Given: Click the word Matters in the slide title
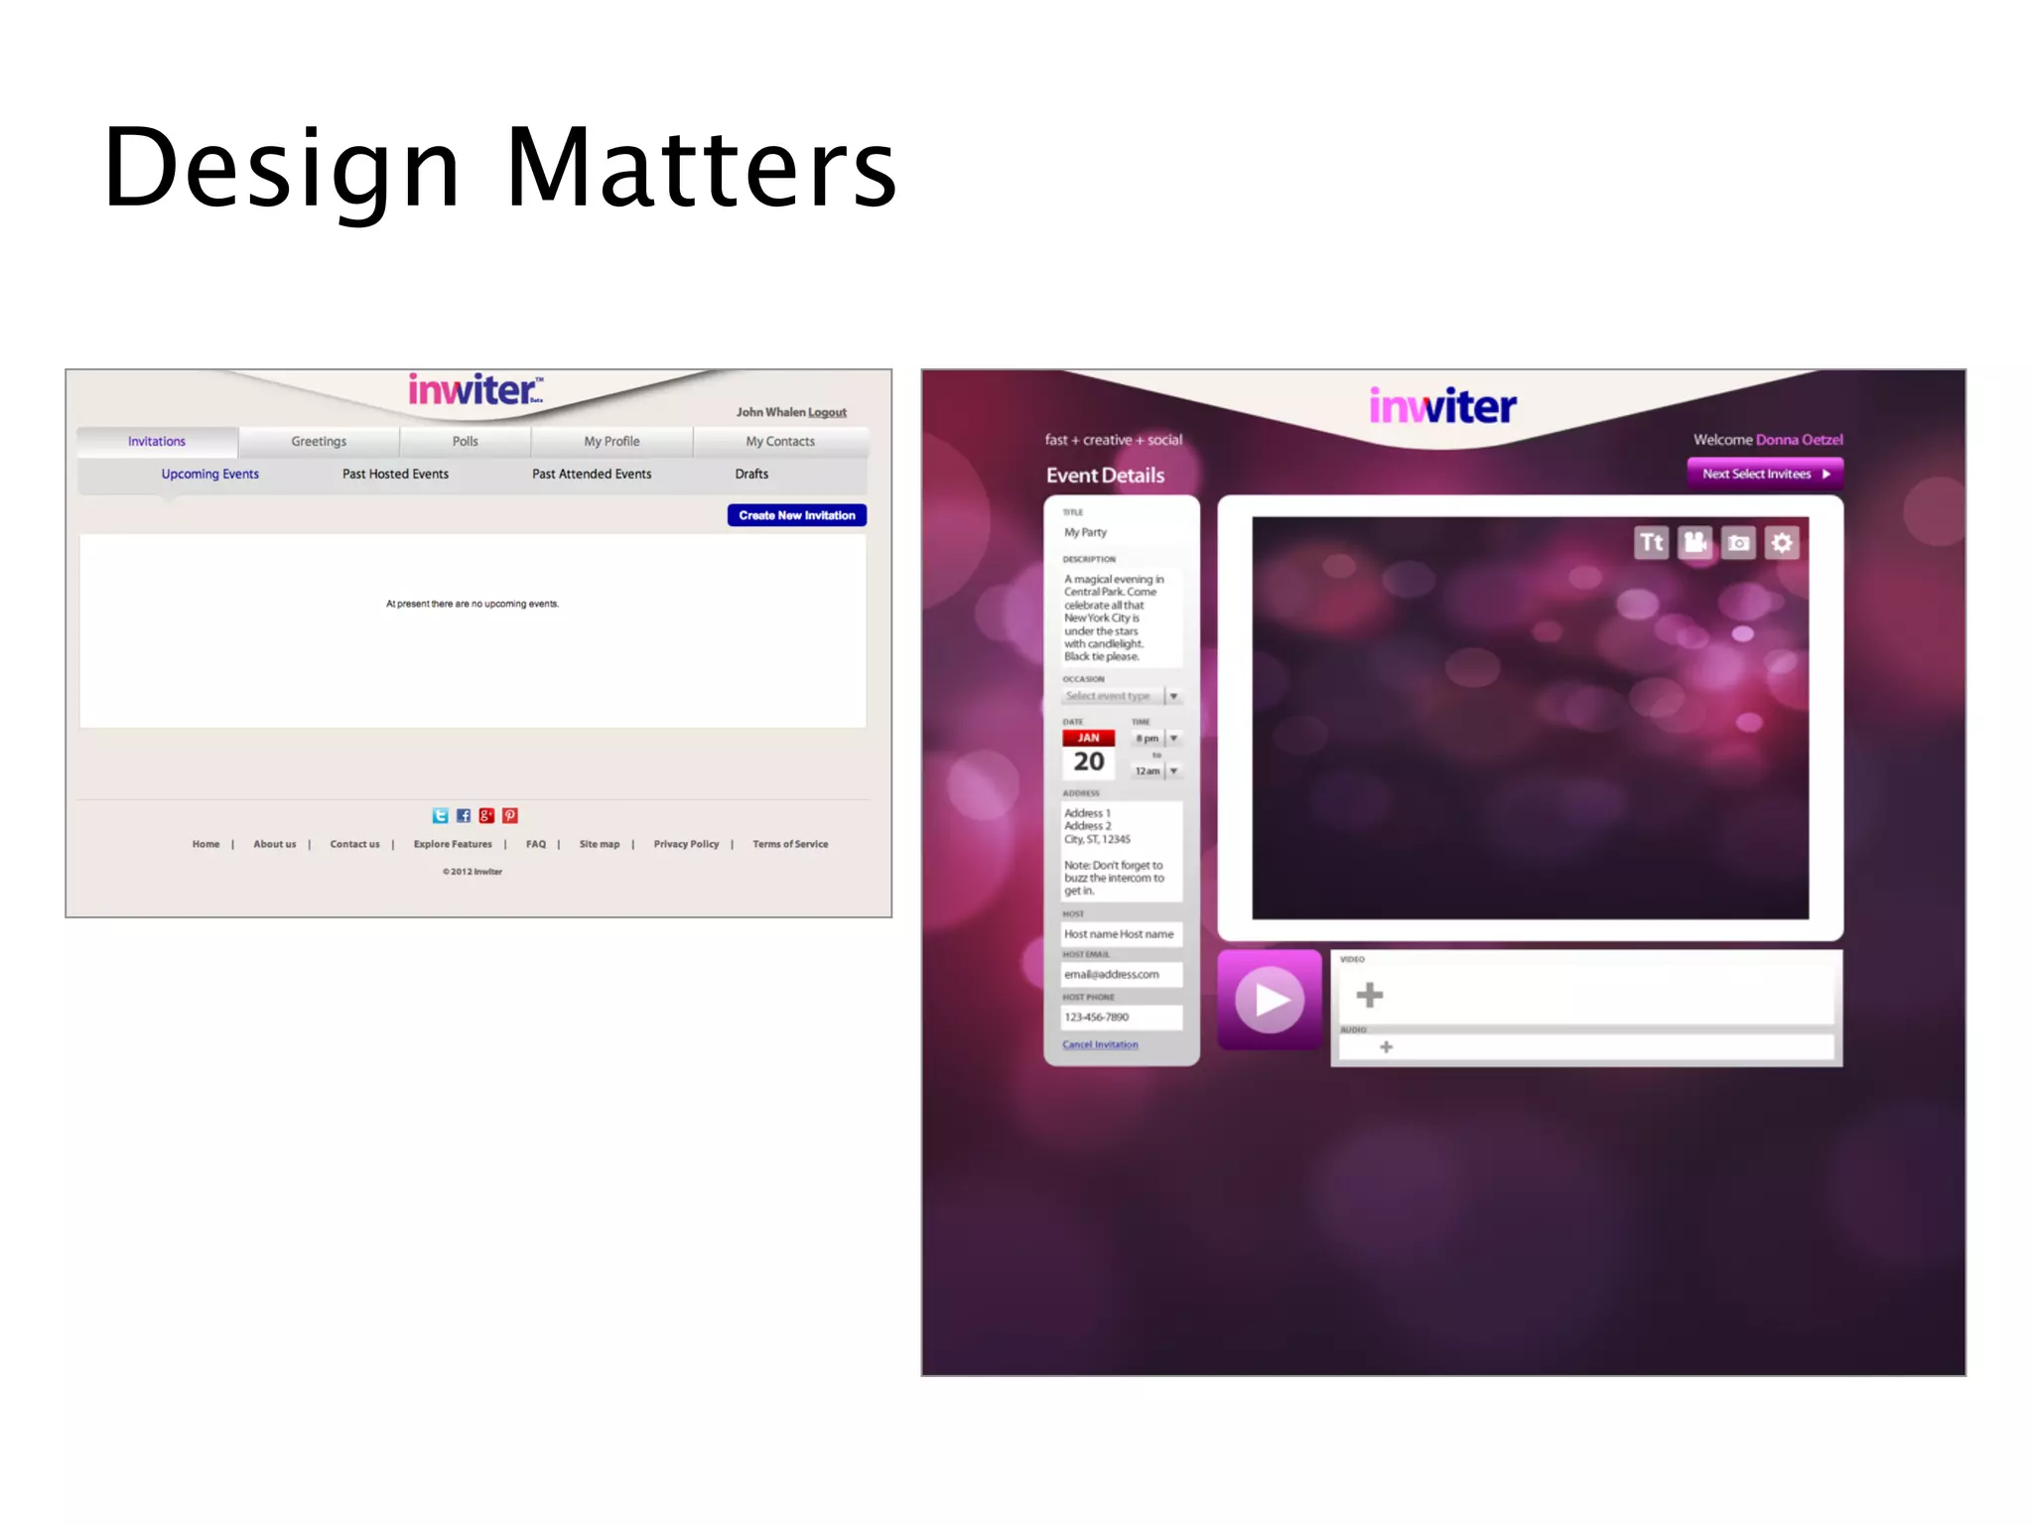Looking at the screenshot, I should (701, 169).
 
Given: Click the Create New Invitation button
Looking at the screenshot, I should (796, 515).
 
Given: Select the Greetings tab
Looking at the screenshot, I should (319, 442).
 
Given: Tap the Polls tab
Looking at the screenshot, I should (465, 442).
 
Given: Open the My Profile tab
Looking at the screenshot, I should (611, 442).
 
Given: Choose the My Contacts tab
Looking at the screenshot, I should (780, 442).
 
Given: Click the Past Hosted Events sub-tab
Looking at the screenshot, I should (395, 475).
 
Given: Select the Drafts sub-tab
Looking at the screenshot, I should (751, 475).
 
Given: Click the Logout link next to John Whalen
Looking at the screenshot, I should (827, 412).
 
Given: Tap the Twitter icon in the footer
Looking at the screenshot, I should (440, 816).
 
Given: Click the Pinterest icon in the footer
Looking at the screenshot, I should (510, 816).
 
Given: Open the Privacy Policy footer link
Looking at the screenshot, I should (686, 844).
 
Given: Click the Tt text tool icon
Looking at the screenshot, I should (1651, 543).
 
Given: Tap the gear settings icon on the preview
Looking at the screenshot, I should (1782, 543).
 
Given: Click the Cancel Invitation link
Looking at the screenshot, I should (1100, 1044).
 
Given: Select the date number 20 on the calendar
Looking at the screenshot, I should (1089, 762).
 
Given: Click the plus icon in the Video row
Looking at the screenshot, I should (1370, 995).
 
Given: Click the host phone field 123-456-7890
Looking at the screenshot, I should (1121, 1017).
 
